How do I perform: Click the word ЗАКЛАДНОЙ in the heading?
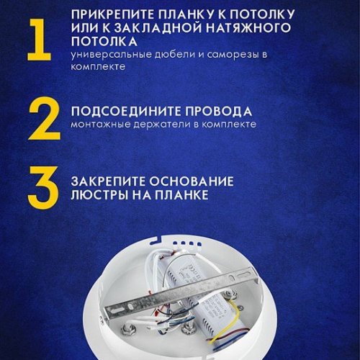(x=153, y=28)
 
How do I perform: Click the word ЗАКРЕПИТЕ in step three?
(x=108, y=180)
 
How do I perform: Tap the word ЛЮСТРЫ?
(x=95, y=194)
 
